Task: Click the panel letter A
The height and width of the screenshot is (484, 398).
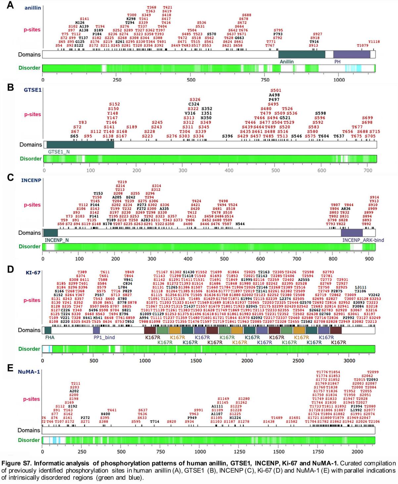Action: [10, 6]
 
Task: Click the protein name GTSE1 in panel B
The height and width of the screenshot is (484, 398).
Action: [32, 90]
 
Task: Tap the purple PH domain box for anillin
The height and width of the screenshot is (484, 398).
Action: [351, 55]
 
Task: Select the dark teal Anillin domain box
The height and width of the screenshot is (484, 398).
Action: [301, 55]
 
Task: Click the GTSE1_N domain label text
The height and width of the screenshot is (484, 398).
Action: [59, 152]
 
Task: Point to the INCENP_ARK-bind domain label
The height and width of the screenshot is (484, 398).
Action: [363, 240]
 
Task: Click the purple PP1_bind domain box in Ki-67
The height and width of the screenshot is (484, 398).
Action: [96, 330]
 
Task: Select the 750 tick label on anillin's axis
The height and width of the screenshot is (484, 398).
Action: [265, 80]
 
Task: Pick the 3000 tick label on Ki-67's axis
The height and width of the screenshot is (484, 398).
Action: [349, 361]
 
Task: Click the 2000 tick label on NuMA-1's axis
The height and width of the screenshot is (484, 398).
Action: [357, 452]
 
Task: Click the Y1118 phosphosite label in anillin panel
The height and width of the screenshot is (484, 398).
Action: [374, 42]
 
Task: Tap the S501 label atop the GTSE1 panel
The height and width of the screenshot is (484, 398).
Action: [275, 90]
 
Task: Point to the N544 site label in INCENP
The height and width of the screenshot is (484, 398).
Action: [240, 224]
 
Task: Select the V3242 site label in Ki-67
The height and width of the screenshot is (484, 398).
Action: [374, 294]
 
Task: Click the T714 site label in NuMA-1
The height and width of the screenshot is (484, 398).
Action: [154, 422]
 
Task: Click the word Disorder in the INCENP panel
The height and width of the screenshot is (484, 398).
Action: [29, 246]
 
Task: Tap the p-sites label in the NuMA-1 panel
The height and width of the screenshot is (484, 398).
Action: [31, 399]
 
